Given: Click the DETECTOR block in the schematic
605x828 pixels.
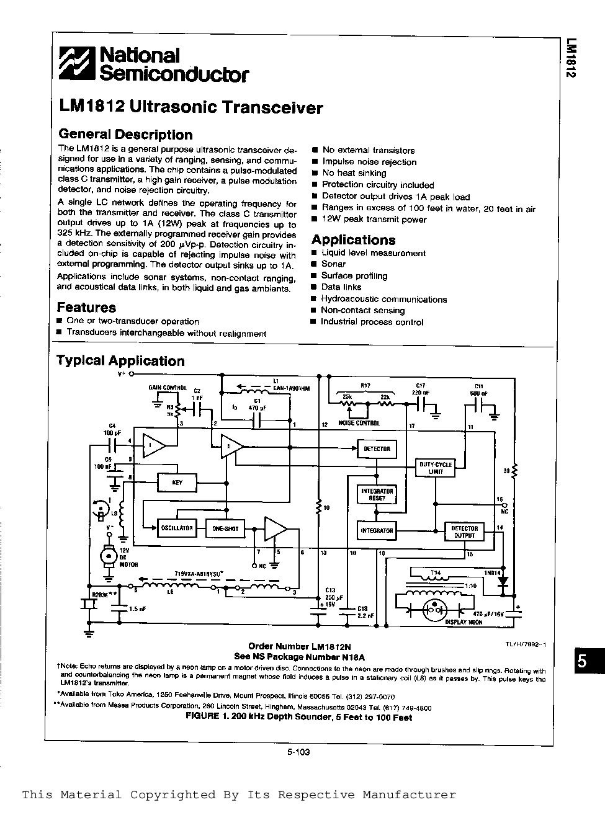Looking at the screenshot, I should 377,448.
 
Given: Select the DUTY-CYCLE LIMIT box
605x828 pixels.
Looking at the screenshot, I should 435,467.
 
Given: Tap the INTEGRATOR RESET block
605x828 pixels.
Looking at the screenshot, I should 377,494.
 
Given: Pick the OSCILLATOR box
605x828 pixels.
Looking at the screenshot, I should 177,528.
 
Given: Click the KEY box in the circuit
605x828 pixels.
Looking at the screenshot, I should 177,483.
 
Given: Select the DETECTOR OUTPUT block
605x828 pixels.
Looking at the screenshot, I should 464,532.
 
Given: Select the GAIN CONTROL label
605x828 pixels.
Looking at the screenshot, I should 167,388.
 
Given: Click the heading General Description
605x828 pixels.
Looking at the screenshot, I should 125,135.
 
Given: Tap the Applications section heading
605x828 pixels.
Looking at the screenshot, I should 353,240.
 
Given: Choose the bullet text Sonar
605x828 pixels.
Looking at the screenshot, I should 333,264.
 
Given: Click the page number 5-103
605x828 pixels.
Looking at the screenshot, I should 298,752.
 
